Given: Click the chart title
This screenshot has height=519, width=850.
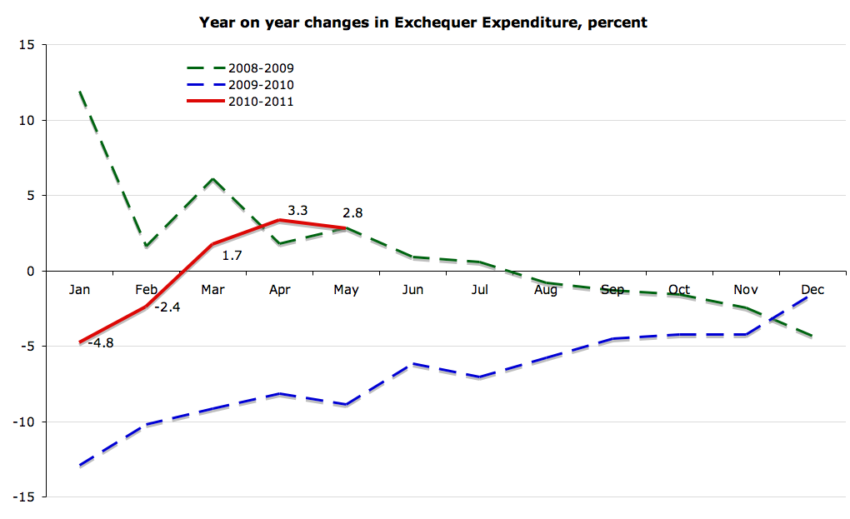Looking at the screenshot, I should (x=423, y=22).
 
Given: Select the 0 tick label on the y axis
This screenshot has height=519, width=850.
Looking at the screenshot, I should (x=30, y=271).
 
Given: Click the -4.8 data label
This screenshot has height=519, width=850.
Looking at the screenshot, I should (x=101, y=342).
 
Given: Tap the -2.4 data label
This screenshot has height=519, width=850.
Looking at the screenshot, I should (x=167, y=307).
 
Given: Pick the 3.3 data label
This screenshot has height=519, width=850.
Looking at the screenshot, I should (x=297, y=211).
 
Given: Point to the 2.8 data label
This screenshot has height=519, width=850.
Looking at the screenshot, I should (x=352, y=213).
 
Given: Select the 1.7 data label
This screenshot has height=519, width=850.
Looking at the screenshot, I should (x=232, y=255).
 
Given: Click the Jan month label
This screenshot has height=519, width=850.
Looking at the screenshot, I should (x=80, y=290).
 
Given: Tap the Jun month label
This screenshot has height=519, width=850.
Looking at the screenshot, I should (x=412, y=290).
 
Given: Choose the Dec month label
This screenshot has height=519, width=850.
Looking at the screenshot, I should (x=812, y=290).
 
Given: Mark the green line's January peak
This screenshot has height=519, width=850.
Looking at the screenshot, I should (x=80, y=92).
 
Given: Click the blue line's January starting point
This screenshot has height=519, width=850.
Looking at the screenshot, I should (x=80, y=466).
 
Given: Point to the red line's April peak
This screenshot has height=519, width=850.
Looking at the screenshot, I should (x=280, y=220).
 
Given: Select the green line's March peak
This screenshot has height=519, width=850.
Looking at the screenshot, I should (x=213, y=179).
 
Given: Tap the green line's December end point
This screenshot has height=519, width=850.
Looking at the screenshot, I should (x=812, y=337).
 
